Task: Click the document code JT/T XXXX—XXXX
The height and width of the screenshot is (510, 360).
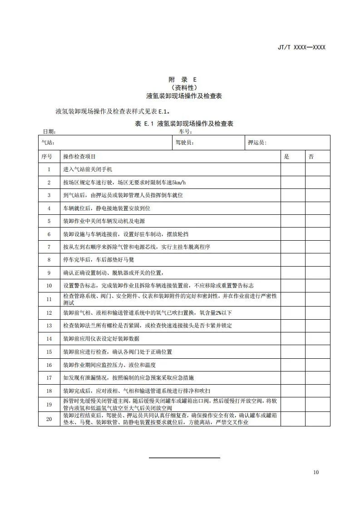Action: pos(301,47)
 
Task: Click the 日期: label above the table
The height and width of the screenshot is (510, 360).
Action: pos(49,131)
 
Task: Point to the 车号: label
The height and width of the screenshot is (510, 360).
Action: pos(186,131)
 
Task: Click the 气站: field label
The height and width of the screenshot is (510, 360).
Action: pos(48,143)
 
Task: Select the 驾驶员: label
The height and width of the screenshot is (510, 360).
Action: pos(185,143)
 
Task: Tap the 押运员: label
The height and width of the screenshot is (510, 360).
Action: pos(257,143)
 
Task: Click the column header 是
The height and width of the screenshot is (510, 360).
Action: pos(286,157)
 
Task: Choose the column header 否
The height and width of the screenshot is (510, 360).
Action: pos(311,157)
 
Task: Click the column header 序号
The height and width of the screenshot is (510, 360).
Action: pos(47,157)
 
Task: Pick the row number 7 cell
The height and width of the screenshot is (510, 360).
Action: pos(49,247)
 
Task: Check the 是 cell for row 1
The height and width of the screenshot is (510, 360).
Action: pos(293,169)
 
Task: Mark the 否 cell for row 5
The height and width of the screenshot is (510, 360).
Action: pos(317,221)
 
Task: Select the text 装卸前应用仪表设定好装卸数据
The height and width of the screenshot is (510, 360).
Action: pos(101,339)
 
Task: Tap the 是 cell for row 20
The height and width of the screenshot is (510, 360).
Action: pos(293,419)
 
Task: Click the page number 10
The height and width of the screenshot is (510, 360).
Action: pos(316,472)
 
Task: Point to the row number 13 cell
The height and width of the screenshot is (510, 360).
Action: pos(49,326)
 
